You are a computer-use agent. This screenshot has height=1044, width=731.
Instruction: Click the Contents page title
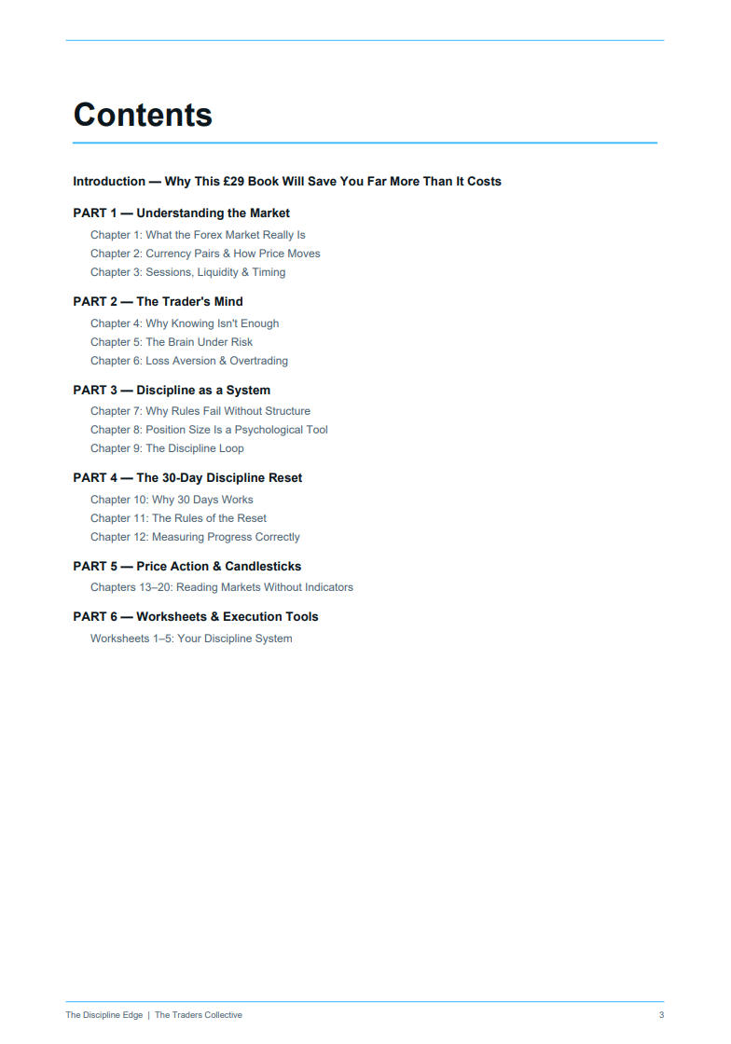pos(143,115)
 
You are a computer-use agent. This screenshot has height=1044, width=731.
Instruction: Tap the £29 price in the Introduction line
pos(233,181)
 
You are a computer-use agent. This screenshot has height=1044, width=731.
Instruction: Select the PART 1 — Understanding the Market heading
pos(181,213)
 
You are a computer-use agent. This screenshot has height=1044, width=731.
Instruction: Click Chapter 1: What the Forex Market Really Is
pos(198,235)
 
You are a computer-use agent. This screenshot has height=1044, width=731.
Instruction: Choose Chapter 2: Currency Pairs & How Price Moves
pos(205,254)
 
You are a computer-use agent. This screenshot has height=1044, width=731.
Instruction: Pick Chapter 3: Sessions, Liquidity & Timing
pos(187,272)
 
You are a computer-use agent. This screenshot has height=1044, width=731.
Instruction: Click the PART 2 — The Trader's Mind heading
pos(158,301)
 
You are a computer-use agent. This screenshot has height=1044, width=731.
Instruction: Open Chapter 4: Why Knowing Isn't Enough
pos(185,323)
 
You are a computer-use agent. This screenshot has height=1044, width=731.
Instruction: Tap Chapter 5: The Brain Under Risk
pos(172,342)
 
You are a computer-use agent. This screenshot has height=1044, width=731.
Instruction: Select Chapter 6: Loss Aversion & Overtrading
pos(189,361)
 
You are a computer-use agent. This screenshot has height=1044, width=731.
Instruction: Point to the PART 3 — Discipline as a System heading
pos(172,390)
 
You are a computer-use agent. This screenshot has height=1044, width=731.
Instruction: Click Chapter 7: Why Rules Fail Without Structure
pos(200,411)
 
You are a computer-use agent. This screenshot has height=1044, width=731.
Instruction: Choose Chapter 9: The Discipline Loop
pos(167,448)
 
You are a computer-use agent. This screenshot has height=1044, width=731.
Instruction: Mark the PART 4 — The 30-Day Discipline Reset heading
pos(187,477)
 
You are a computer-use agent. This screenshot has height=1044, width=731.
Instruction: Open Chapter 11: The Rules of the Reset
pos(178,518)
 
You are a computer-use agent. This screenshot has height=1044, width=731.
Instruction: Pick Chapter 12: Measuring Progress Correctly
pos(195,537)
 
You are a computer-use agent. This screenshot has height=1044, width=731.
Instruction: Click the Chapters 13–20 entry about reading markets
pos(222,587)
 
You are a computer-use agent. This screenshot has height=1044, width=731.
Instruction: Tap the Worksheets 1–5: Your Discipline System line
pos(191,639)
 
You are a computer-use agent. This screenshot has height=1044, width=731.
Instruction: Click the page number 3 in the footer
pos(661,1015)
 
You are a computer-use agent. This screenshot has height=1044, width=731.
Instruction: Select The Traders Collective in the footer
pos(198,1015)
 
